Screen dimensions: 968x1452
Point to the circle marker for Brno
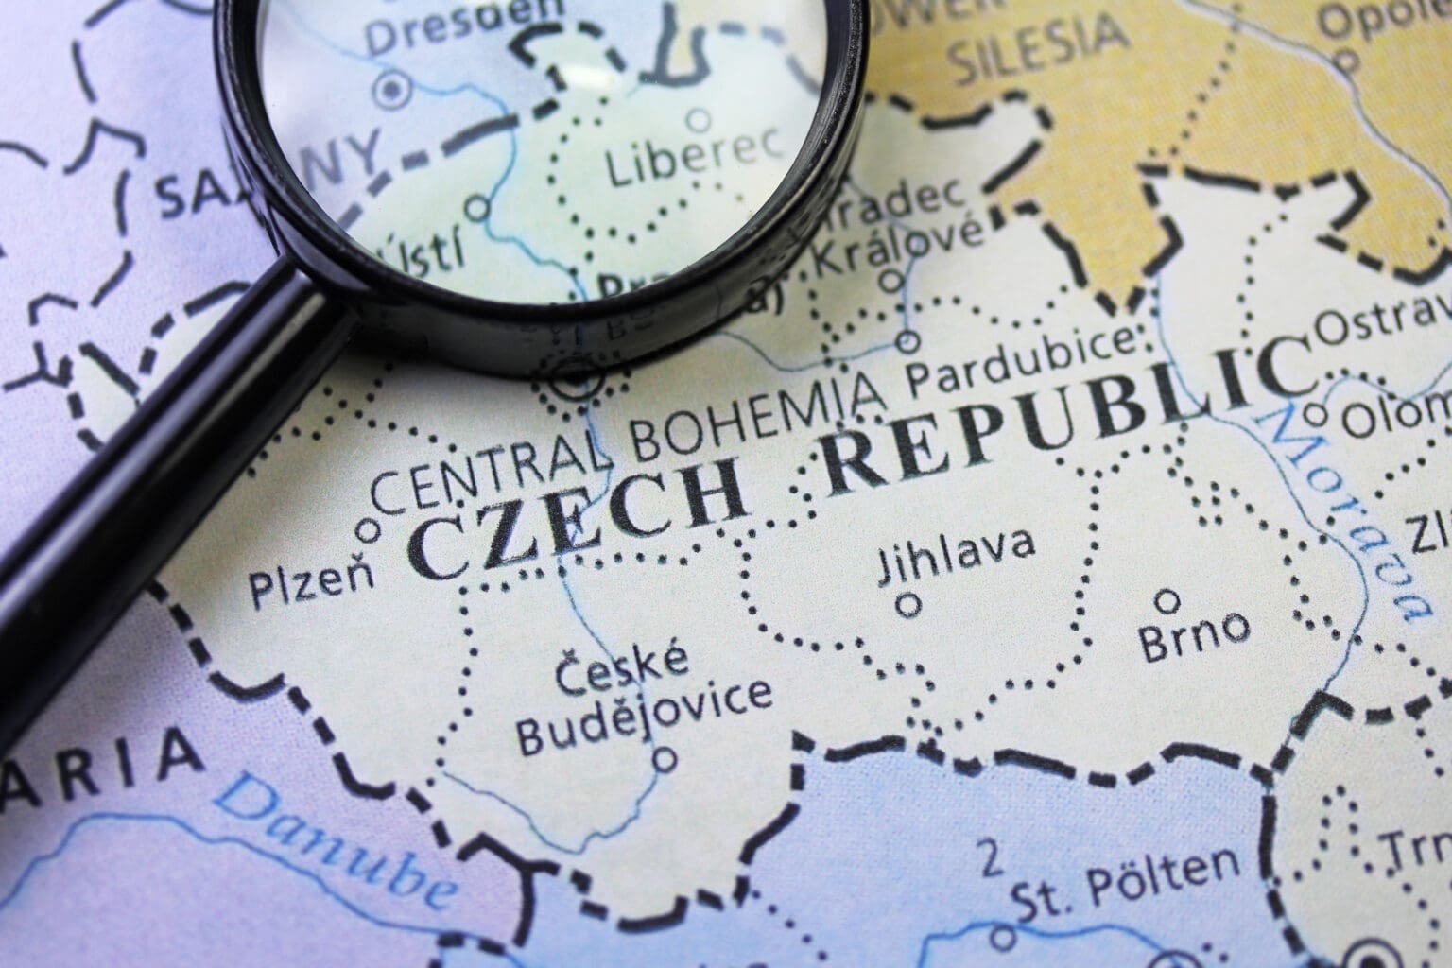1168,599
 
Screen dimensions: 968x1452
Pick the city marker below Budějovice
666,757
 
